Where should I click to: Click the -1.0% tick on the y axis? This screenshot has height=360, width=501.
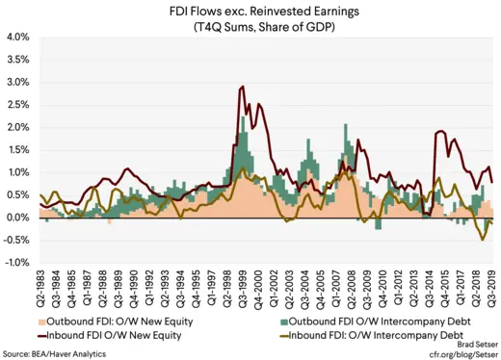[x=16, y=263]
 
